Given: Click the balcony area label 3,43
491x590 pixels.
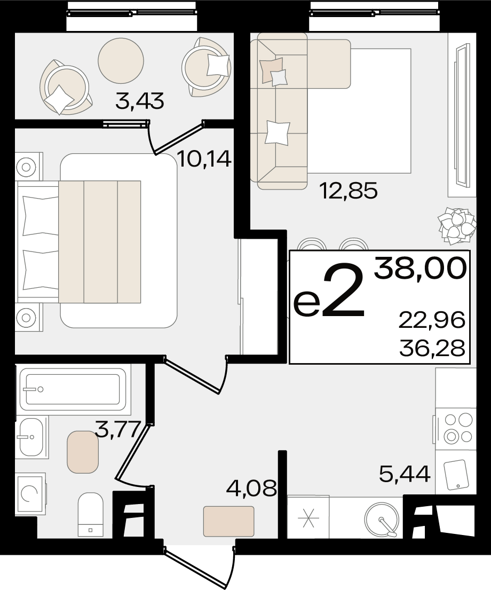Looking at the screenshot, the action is click(140, 101).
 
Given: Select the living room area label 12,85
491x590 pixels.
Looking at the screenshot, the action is click(347, 191).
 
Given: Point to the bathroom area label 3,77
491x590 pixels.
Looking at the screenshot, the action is click(118, 429).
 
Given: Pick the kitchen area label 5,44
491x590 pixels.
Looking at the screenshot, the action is click(405, 474).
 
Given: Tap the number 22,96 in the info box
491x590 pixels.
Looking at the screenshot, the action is click(432, 320).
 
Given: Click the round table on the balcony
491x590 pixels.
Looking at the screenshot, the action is click(121, 60).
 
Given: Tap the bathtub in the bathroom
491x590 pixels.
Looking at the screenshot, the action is click(73, 389).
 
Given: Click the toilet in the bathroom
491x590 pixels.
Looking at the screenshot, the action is click(90, 515).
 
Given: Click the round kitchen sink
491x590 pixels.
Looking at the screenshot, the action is click(381, 520).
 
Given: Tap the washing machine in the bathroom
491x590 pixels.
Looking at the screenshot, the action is click(30, 494).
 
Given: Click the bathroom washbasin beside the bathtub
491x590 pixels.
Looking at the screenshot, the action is click(33, 437).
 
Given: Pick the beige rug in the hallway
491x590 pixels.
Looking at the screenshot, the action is click(229, 521).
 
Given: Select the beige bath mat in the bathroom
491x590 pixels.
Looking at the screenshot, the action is click(83, 452).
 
